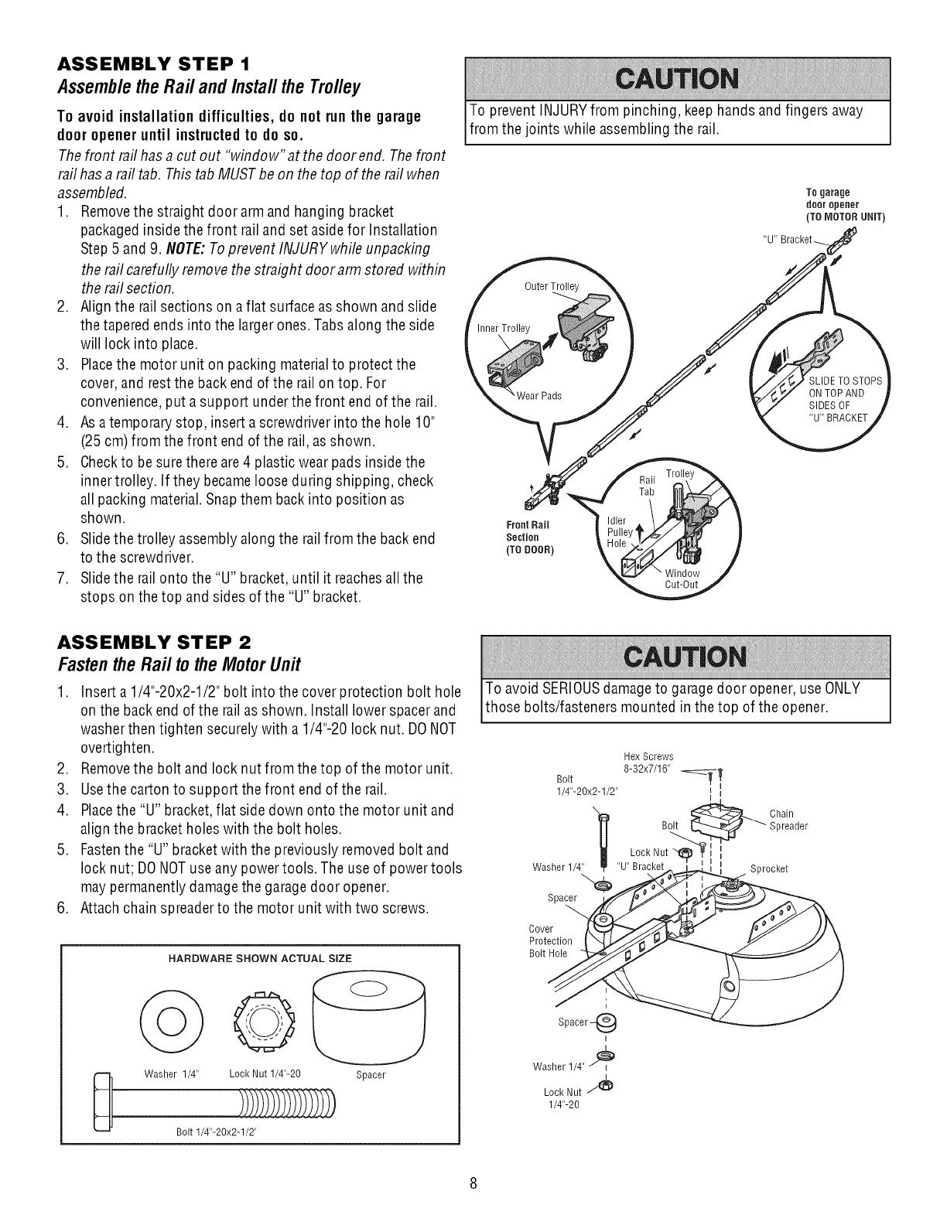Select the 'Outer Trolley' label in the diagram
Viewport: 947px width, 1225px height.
[551, 287]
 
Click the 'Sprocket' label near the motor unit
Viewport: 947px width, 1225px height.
[769, 868]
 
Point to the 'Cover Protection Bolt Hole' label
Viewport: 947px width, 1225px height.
[549, 941]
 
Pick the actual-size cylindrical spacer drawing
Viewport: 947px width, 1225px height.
[371, 1013]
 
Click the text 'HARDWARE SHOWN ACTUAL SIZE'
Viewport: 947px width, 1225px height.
[260, 958]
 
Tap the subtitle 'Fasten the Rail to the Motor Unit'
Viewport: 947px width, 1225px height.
[179, 664]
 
